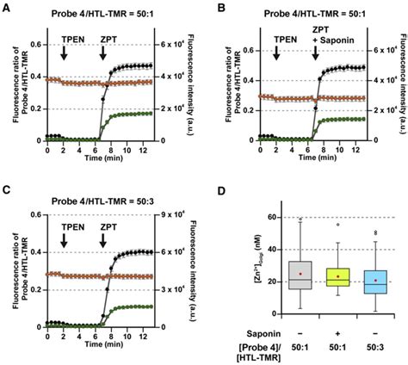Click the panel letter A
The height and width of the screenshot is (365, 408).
(x=6, y=8)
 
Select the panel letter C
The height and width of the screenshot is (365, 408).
(x=6, y=191)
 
